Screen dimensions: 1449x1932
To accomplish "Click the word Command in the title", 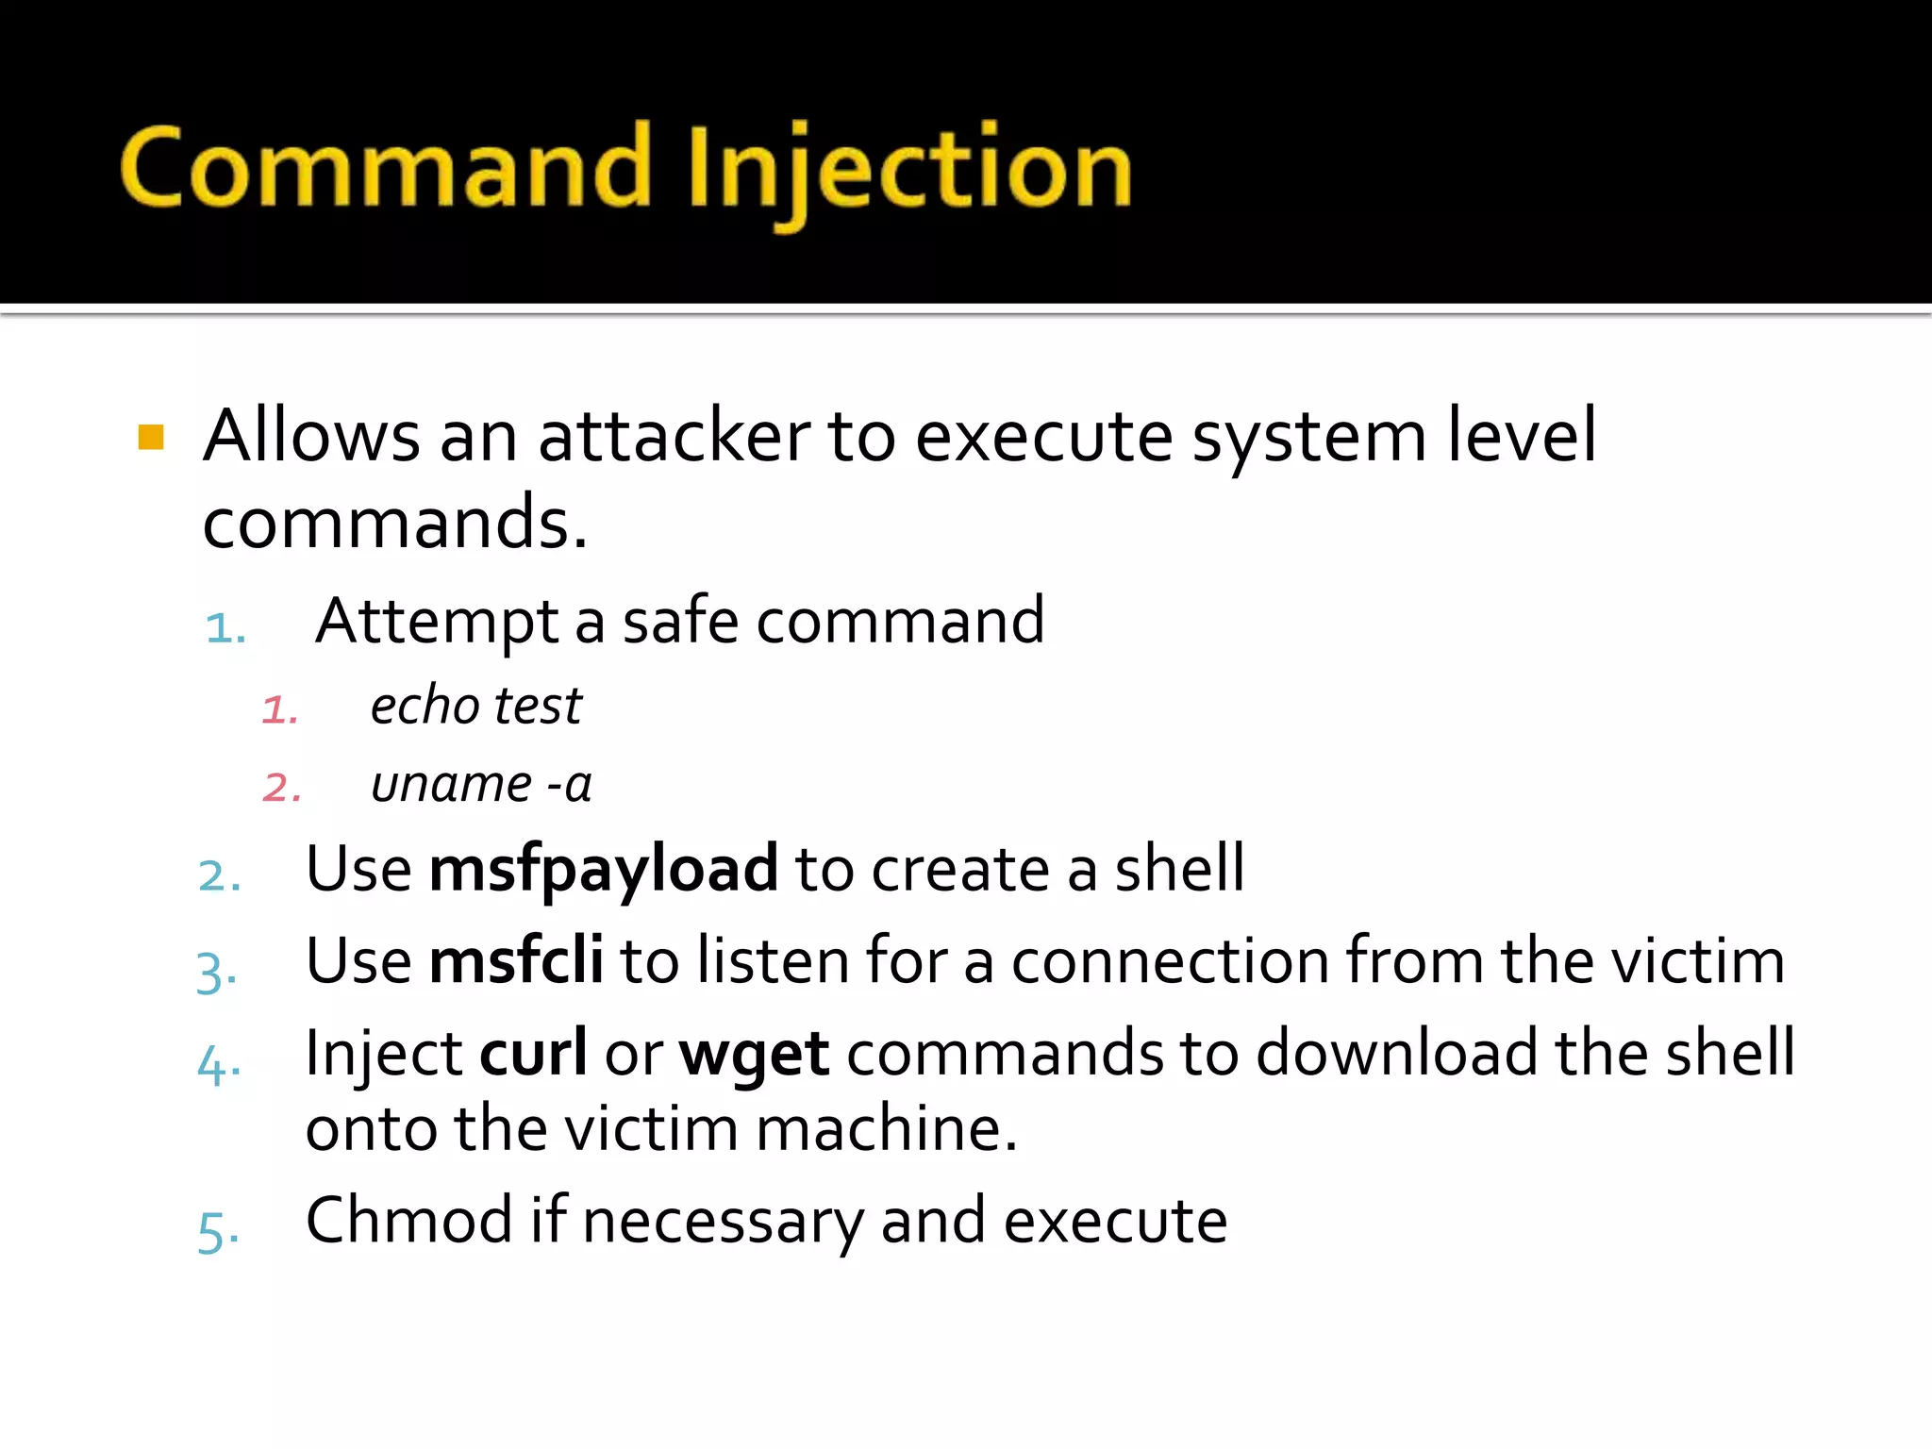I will click(x=386, y=168).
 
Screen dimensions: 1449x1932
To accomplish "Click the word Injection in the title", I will click(x=909, y=170).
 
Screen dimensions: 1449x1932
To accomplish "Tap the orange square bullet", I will click(x=151, y=438).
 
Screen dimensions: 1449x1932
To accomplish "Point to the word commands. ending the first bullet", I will click(x=395, y=524).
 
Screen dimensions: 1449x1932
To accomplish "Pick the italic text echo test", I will click(x=476, y=706).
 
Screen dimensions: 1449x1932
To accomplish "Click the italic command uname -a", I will click(x=481, y=785).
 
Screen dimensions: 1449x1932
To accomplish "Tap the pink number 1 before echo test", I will click(x=280, y=709).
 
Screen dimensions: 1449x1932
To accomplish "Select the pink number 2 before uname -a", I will click(x=282, y=788).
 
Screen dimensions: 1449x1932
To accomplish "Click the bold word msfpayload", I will click(x=604, y=869).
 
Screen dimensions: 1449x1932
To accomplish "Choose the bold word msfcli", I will click(x=516, y=961).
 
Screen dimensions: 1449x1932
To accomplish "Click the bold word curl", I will click(x=533, y=1053).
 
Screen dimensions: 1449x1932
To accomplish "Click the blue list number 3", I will click(x=215, y=972).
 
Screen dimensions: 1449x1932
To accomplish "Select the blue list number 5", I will click(x=217, y=1231).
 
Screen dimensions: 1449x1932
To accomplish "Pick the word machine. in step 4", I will click(x=887, y=1129).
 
